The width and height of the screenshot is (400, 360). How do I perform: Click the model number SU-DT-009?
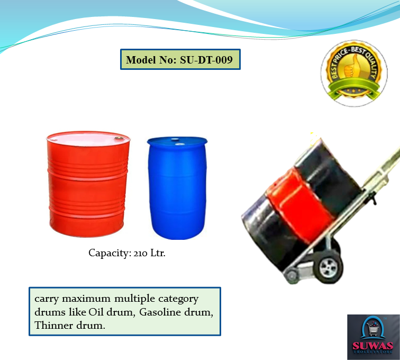point(206,60)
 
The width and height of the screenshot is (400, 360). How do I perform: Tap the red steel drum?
point(88,184)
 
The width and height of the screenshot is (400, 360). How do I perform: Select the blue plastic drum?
point(177,188)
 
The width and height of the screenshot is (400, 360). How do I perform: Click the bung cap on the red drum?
point(119,138)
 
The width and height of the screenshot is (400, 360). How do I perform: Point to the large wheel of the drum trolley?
point(329,267)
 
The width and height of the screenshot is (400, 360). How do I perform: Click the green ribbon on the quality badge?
point(353,88)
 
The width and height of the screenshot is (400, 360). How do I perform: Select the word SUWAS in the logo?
point(372,346)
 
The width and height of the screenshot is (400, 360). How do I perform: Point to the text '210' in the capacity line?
point(140,253)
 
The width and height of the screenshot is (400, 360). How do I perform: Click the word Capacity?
point(110,253)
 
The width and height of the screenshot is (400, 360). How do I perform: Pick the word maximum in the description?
point(86,299)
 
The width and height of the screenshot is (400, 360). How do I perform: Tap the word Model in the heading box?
point(141,60)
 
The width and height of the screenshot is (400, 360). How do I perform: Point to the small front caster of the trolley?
point(292,276)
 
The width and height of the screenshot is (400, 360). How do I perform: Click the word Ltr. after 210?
point(158,253)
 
